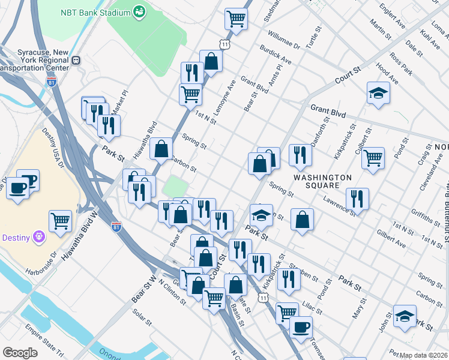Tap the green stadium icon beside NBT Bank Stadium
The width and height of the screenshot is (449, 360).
[139, 11]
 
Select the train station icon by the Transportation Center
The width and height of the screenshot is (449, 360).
[76, 60]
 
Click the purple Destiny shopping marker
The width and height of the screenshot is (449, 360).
[40, 237]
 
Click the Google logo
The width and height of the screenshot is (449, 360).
[20, 352]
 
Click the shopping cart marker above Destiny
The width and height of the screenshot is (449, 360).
[61, 220]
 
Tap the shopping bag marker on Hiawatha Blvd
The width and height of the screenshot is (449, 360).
[161, 149]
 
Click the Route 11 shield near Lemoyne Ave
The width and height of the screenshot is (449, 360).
[224, 45]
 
